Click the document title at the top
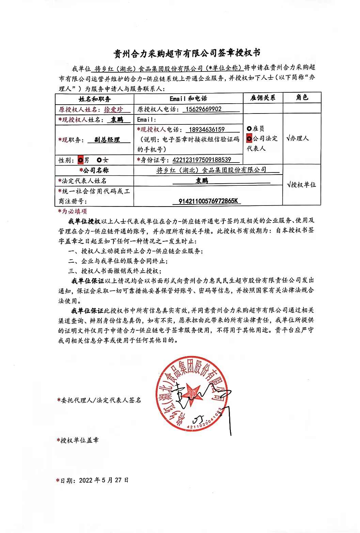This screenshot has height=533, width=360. point(187,53)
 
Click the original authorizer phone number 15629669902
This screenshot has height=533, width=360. point(204,109)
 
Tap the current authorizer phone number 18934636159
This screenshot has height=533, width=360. point(207,130)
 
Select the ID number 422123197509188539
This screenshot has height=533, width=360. point(202,160)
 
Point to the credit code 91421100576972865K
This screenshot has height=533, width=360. point(208,201)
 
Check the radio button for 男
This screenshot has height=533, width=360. point(81,160)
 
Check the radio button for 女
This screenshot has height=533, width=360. point(99,160)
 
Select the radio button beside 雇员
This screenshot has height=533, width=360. point(249,128)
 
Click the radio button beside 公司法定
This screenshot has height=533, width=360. point(249,138)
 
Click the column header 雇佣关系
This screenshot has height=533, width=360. point(263,98)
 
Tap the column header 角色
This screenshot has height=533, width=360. point(302,97)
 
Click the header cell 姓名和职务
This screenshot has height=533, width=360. point(94,99)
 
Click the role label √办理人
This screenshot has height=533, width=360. point(298,138)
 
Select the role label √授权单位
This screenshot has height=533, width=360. point(301,184)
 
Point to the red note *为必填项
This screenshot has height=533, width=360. point(72,211)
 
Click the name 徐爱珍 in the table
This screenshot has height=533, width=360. point(113,109)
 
